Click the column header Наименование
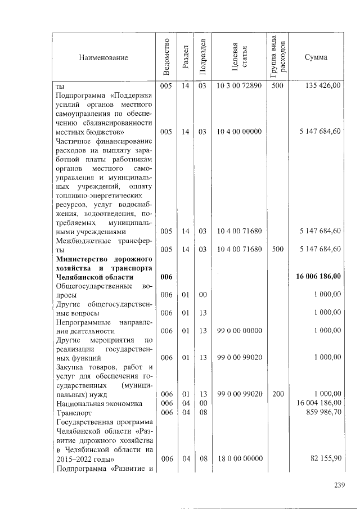tap(103, 57)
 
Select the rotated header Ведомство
tap(165, 57)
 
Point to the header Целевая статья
tap(239, 57)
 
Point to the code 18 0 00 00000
tap(239, 458)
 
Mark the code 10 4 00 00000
tap(239, 132)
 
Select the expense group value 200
tap(278, 394)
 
